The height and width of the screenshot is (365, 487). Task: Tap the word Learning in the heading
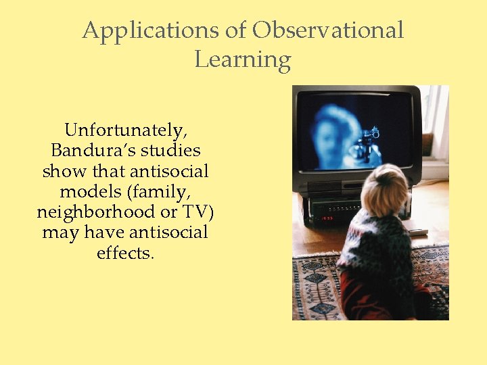(242, 60)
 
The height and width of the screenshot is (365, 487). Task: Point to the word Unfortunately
(125, 130)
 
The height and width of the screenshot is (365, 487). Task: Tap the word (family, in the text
(160, 192)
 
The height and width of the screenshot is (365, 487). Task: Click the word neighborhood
(95, 212)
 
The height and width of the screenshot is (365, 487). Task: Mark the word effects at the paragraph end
(125, 254)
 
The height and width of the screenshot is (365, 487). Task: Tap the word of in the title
(236, 30)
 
